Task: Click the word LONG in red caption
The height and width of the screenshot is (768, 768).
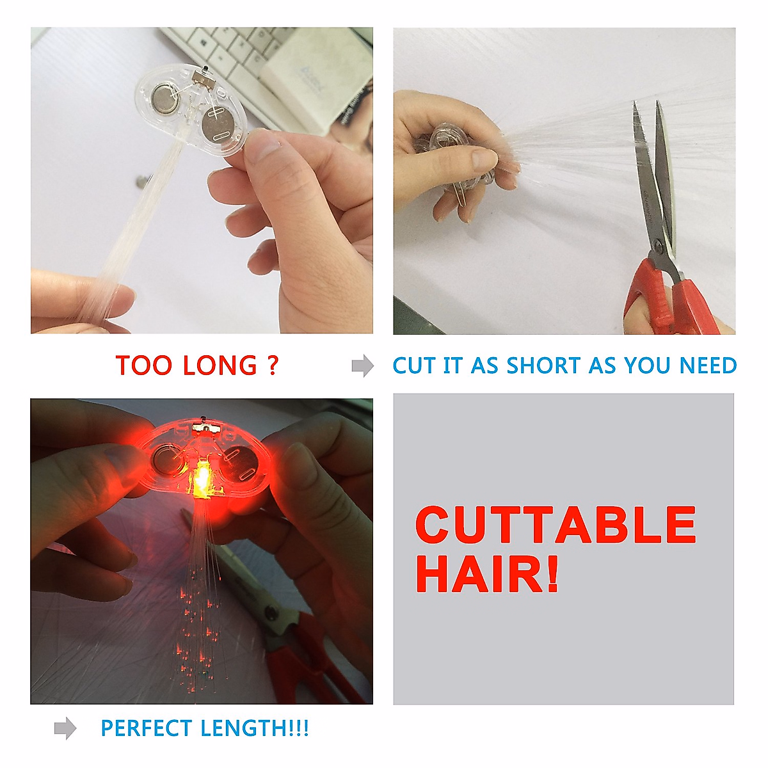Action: point(220,365)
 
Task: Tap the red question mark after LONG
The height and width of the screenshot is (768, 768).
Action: point(273,365)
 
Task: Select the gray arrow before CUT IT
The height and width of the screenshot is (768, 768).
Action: point(362,365)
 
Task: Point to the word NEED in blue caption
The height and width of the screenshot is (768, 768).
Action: point(708,365)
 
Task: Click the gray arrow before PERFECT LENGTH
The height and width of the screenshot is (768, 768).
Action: point(65,728)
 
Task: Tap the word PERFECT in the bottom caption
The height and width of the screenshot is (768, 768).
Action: point(147,728)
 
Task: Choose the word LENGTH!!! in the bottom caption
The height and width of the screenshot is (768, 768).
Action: point(254,728)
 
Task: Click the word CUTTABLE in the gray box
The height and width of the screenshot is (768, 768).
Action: point(555,525)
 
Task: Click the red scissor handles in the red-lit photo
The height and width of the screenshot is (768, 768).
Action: point(307,659)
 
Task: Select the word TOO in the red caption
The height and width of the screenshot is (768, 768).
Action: point(144,365)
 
